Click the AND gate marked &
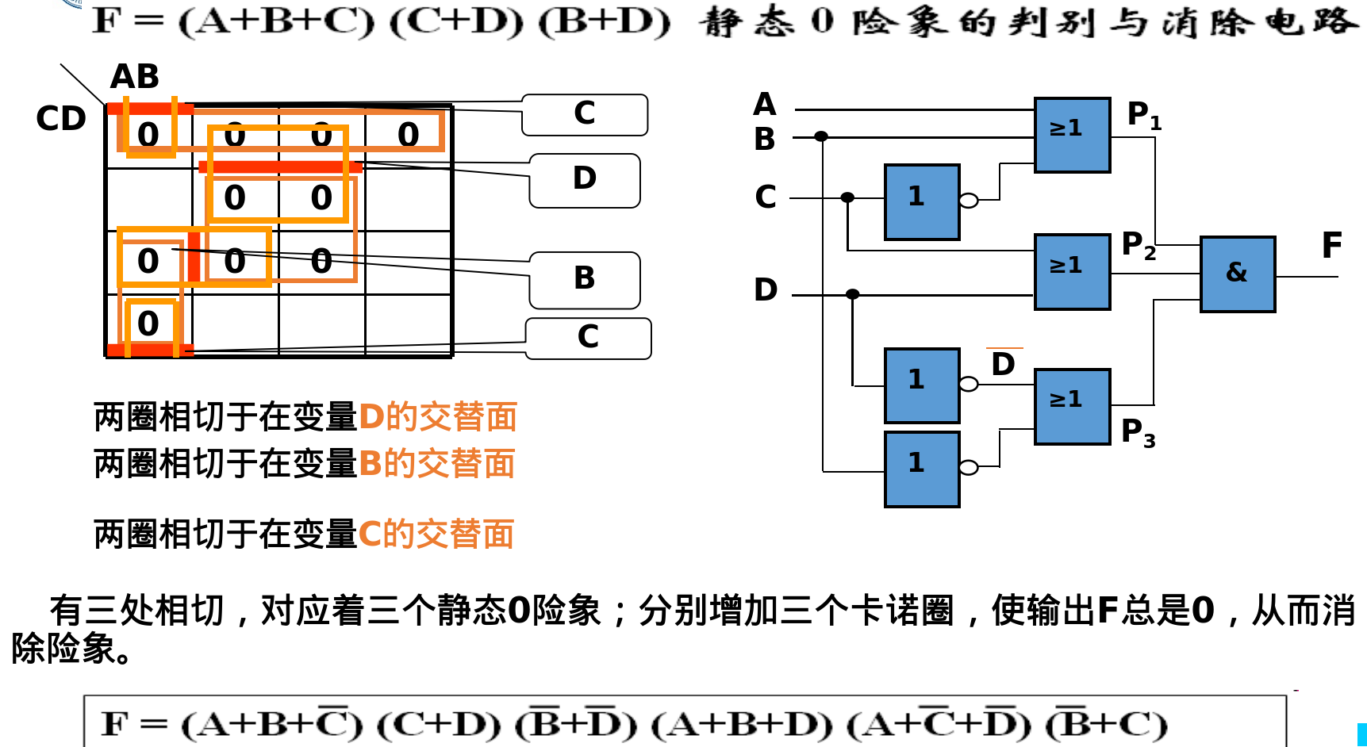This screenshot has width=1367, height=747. [1237, 274]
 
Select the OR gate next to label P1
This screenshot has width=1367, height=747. [1072, 135]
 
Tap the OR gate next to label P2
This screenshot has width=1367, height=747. [1072, 271]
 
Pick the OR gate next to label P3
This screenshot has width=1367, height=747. [1072, 406]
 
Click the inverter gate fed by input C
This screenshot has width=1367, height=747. [922, 201]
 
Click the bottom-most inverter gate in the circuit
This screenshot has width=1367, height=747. [922, 469]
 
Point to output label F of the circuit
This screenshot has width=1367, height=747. [1331, 246]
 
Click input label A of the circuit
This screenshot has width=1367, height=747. [764, 105]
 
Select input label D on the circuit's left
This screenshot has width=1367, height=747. [766, 290]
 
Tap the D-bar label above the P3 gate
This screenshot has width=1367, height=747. [1004, 363]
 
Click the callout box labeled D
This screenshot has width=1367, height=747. [585, 180]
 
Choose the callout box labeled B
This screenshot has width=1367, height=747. [585, 279]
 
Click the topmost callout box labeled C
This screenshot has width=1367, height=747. [585, 114]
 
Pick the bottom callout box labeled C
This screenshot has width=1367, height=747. [588, 338]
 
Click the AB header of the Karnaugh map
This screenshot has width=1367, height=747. [135, 77]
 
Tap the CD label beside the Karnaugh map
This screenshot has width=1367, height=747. [61, 119]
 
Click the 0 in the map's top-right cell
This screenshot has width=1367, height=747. [408, 135]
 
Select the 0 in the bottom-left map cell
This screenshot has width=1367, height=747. [148, 324]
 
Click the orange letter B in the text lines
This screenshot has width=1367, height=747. [370, 464]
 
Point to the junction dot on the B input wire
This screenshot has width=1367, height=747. [821, 136]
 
